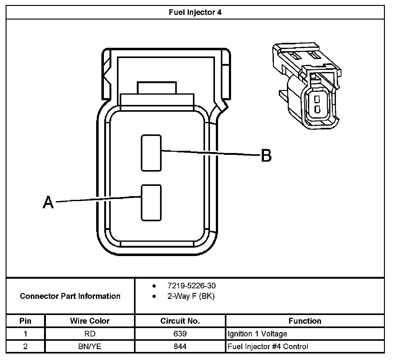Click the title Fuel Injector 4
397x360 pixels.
195,12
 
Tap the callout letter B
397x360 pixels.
266,155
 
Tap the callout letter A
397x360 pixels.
48,202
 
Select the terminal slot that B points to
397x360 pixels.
151,153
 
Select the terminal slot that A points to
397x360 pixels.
151,203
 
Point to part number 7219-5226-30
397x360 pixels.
191,286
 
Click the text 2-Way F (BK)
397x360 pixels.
191,296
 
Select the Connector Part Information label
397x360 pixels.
70,296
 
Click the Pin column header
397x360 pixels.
25,321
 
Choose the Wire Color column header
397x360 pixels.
90,321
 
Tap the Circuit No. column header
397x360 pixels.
180,321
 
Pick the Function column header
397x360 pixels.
305,321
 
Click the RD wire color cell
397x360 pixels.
90,334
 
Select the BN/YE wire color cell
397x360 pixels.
90,346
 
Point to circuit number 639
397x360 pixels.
180,334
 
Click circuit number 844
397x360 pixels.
180,346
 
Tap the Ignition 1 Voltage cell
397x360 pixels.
257,334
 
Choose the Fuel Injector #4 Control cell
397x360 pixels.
268,346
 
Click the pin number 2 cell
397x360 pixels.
25,346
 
